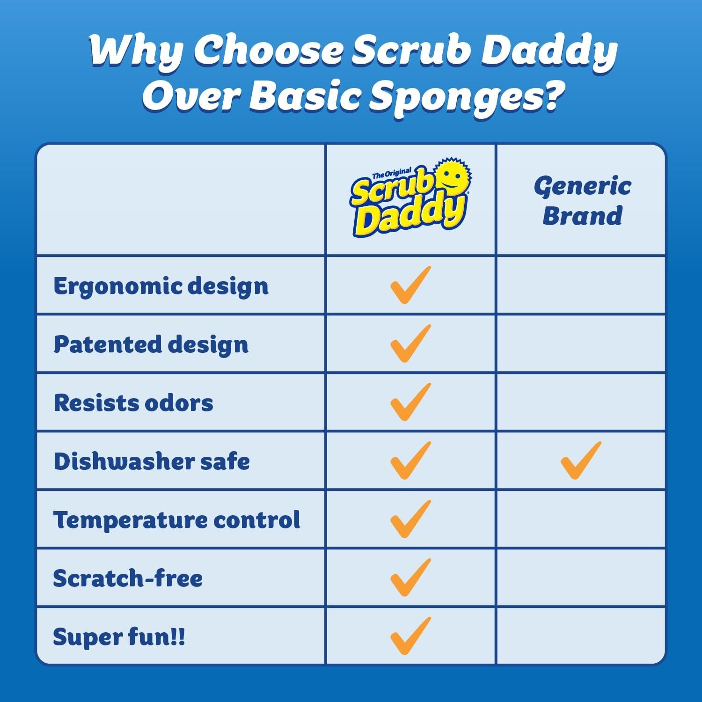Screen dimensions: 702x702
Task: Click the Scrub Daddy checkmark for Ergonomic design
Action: tap(410, 285)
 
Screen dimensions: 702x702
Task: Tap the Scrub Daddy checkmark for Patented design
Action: tap(410, 344)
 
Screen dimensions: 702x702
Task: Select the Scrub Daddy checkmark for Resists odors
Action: tap(410, 402)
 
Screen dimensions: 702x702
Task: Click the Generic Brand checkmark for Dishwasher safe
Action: tap(580, 461)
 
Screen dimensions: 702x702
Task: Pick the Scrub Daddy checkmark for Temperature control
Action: tap(410, 519)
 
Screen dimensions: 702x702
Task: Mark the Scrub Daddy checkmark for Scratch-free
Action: tap(410, 578)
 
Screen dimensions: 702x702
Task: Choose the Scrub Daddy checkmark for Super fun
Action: tap(410, 636)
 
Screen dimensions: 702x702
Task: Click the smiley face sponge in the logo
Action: tap(452, 178)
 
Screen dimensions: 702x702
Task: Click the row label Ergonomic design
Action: tap(161, 286)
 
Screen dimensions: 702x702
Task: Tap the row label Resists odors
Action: tap(133, 403)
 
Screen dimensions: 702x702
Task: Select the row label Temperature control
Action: tap(176, 519)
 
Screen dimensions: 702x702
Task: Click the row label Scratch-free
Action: tap(128, 578)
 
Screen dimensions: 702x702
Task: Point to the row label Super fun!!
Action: tap(119, 637)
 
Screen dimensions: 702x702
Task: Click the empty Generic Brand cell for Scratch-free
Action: tap(580, 578)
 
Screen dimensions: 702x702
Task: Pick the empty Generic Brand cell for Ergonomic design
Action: tap(580, 285)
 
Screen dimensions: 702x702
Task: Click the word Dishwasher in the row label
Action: tap(123, 461)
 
